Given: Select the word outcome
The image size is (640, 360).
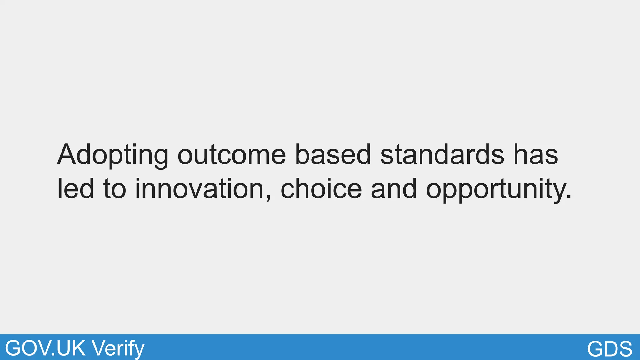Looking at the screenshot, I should tap(232, 155).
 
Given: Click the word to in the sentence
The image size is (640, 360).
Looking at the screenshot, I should tap(115, 189).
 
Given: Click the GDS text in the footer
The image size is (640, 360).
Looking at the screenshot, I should tap(609, 348).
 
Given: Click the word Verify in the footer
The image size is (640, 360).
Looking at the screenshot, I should tap(118, 349).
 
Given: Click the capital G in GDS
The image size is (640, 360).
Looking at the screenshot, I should tap(595, 348).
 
